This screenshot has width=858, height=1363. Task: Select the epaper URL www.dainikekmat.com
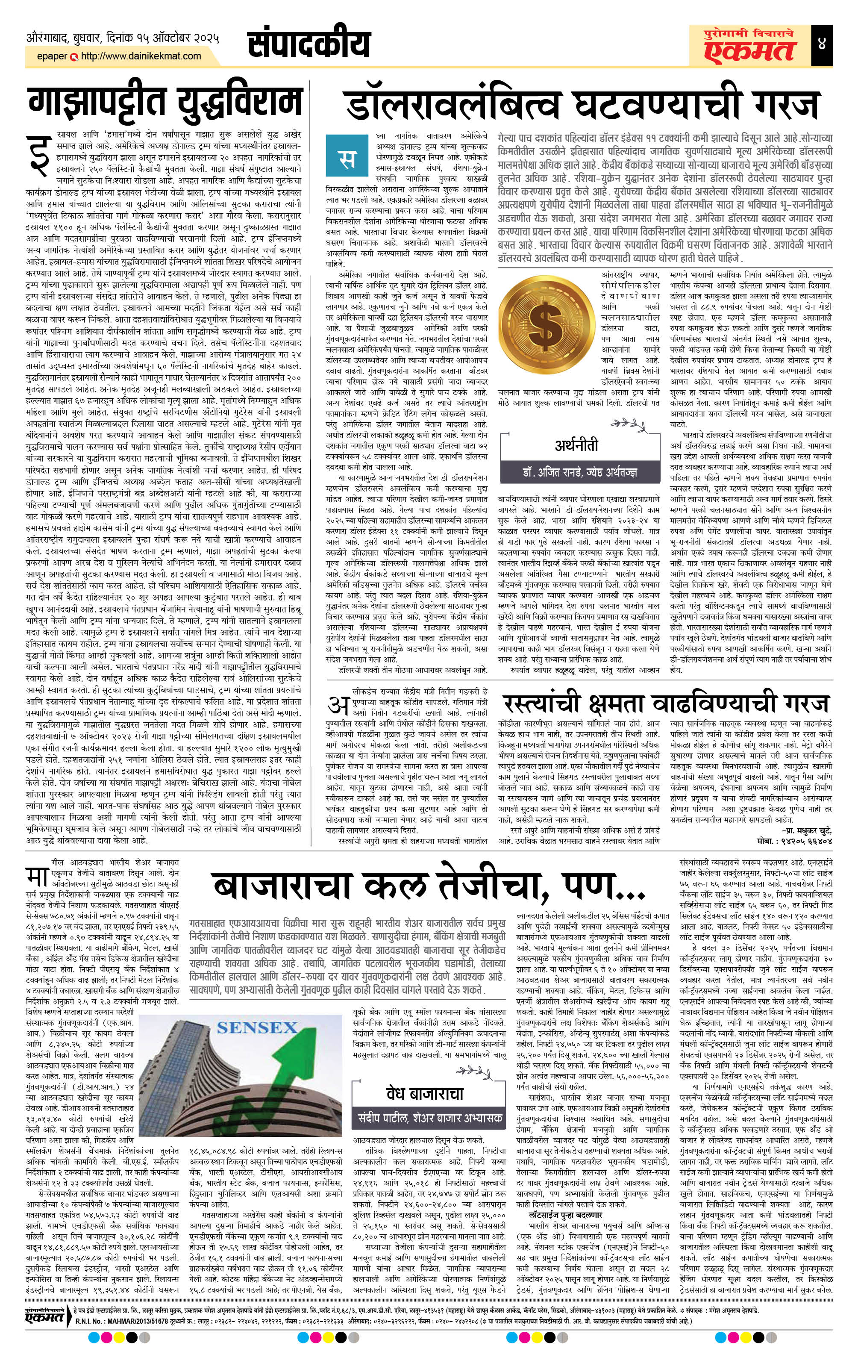141,56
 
